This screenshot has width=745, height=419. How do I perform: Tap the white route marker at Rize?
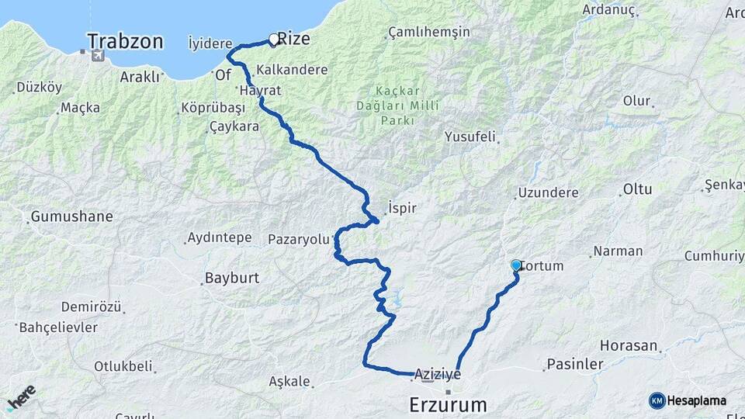(x=273, y=40)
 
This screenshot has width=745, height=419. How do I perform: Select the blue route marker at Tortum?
(x=516, y=265)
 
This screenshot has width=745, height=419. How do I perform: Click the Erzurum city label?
(x=449, y=404)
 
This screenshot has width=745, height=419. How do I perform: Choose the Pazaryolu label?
(x=299, y=239)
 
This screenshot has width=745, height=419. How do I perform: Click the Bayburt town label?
(x=231, y=278)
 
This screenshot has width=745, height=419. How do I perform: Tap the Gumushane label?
(x=71, y=216)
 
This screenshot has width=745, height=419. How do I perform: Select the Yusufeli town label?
(x=470, y=137)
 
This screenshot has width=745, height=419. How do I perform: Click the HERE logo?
(x=21, y=397)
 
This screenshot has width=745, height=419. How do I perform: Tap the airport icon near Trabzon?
(x=97, y=55)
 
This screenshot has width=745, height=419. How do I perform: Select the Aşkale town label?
(x=289, y=382)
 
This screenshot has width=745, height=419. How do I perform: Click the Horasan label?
(x=629, y=345)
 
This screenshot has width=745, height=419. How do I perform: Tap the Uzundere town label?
(x=548, y=192)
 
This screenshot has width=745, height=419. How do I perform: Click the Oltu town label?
(x=637, y=189)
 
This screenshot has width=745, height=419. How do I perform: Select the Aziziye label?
(x=438, y=375)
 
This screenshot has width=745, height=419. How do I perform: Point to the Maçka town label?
(x=80, y=108)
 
